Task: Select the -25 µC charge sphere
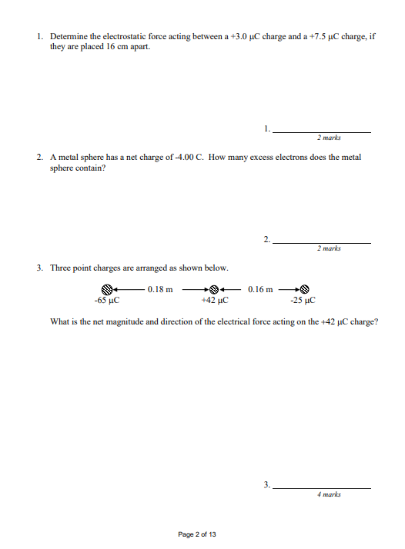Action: point(303,290)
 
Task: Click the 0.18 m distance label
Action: point(159,290)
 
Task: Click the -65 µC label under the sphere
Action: point(105,301)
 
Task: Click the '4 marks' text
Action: point(329,495)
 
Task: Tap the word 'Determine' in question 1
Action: point(69,37)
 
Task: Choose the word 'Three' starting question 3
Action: point(62,268)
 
